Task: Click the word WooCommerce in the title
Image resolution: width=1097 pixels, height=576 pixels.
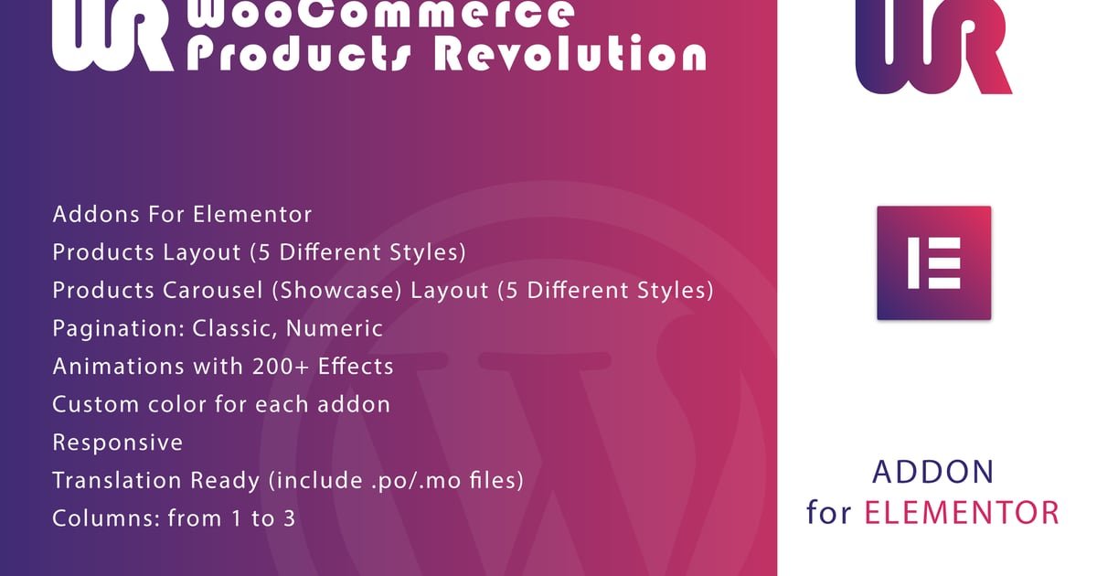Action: click(x=380, y=15)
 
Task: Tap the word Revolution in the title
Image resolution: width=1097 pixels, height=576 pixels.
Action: click(x=570, y=54)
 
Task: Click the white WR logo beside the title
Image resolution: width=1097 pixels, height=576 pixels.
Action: click(x=112, y=36)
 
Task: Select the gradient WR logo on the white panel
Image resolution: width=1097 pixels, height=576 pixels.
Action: click(x=933, y=47)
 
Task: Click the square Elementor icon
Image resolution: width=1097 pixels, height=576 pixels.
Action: click(x=934, y=263)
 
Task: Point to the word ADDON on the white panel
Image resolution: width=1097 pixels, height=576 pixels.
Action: click(x=933, y=472)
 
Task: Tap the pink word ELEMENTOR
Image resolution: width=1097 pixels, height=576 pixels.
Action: click(x=962, y=513)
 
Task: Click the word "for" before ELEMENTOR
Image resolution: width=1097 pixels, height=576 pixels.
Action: click(x=828, y=512)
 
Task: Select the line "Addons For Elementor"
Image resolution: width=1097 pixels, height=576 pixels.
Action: click(x=182, y=215)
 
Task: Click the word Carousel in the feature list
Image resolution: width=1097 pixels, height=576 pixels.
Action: click(x=213, y=290)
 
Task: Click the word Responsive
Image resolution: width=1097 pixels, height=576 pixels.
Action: click(x=118, y=443)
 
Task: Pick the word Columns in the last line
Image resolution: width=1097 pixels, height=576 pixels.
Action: click(x=106, y=518)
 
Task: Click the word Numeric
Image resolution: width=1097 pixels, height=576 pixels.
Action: click(x=334, y=328)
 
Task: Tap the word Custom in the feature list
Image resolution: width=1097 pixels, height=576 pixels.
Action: click(x=96, y=404)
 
